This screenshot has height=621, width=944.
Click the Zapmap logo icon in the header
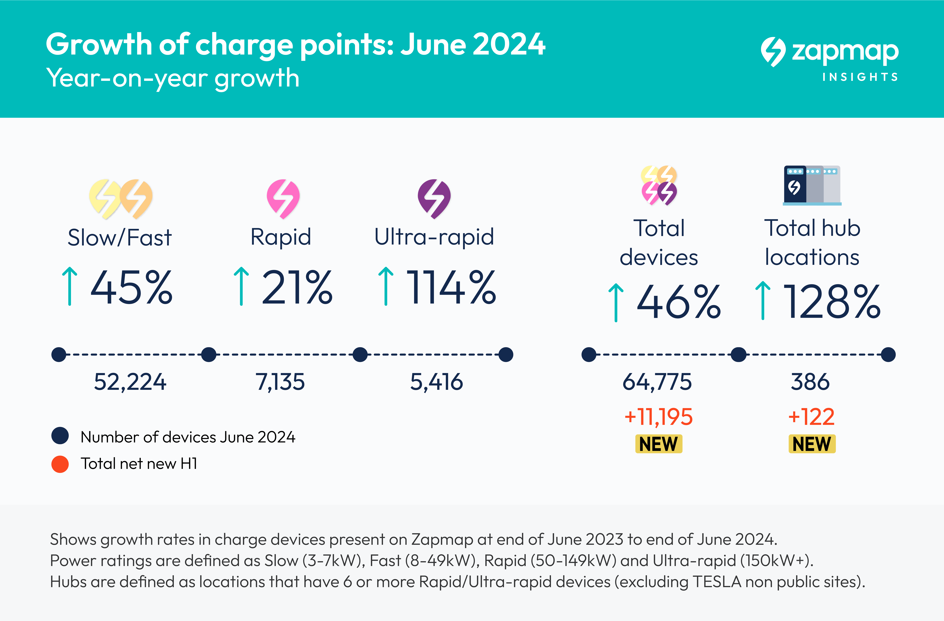coord(773,52)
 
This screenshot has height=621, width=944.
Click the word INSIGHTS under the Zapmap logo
coord(860,77)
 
